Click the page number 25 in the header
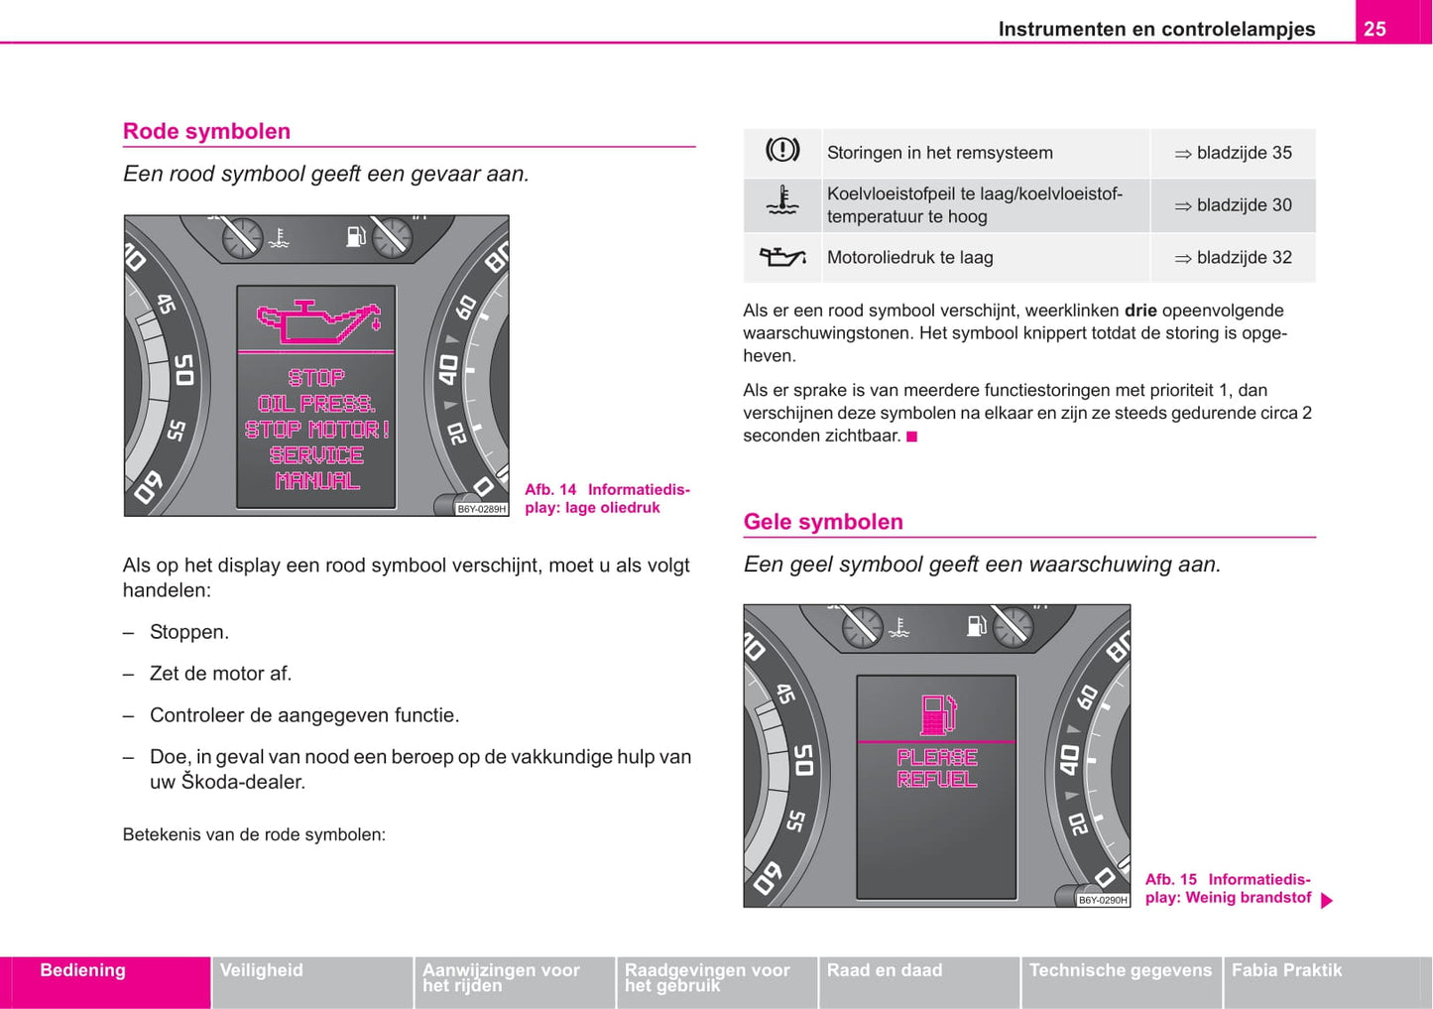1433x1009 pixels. [x=1374, y=29]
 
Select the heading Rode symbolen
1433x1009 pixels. [x=206, y=131]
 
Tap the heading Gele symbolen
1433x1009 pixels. [x=823, y=522]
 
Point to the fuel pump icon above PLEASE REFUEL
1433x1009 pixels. [x=937, y=714]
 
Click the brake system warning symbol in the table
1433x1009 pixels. [x=782, y=151]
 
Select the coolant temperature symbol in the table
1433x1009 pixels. [x=782, y=202]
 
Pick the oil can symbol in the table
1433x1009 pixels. [x=782, y=257]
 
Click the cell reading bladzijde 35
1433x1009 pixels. [x=1234, y=153]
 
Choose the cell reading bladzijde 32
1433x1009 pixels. [x=1234, y=257]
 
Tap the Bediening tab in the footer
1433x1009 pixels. [x=83, y=970]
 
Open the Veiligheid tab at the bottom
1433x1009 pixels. [x=262, y=970]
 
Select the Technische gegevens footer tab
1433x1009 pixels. [x=1121, y=970]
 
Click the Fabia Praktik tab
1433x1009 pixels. [x=1287, y=970]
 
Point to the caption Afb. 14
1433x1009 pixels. [x=550, y=489]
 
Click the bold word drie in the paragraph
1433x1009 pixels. [x=1140, y=311]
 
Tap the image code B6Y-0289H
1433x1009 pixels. [x=482, y=509]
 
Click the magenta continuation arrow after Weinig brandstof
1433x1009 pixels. [x=1327, y=901]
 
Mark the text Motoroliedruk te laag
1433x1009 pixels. [x=909, y=257]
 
